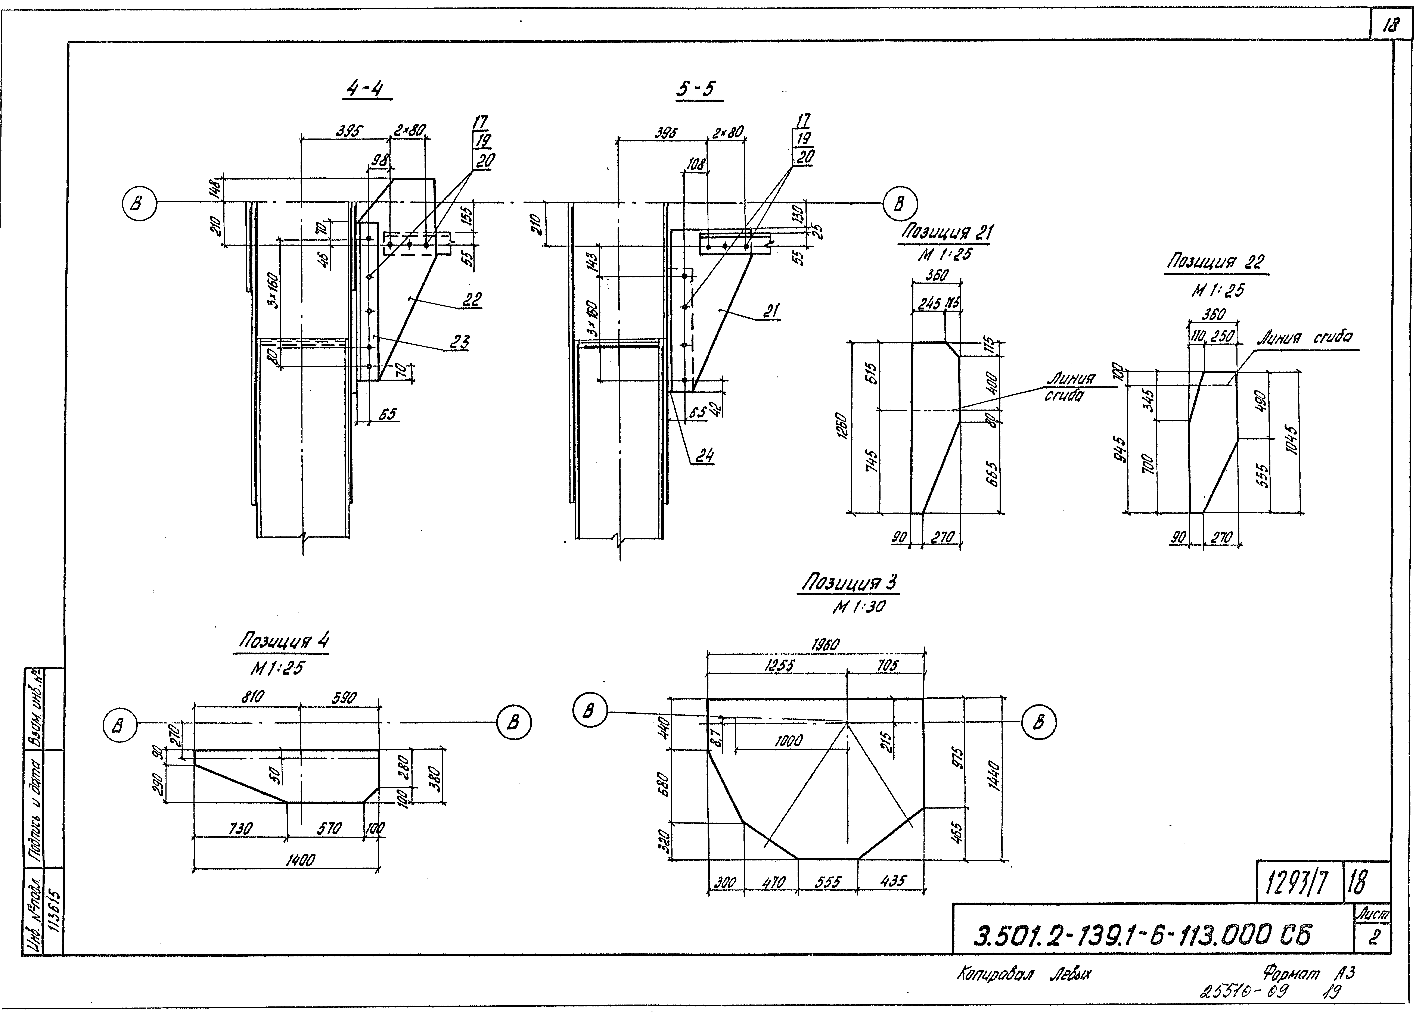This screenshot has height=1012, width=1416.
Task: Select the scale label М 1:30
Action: click(x=859, y=606)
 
